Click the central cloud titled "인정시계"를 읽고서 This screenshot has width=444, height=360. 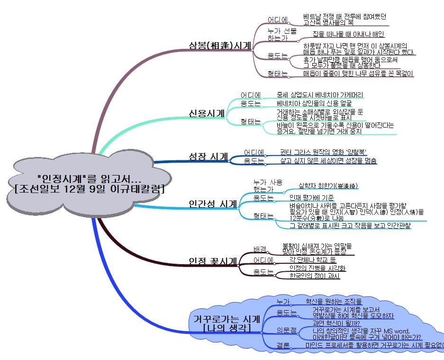tap(89, 184)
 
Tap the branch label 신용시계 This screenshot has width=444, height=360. tap(207, 113)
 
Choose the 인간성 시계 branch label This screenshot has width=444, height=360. tap(213, 204)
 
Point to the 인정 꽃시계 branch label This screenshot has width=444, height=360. tap(213, 261)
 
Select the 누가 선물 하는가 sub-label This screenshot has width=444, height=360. tap(281, 34)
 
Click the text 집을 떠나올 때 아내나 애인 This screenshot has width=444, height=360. tap(348, 34)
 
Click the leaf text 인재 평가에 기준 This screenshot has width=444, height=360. tap(311, 197)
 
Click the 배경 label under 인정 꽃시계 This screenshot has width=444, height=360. tap(260, 249)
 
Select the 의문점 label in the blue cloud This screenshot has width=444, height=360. tap(286, 329)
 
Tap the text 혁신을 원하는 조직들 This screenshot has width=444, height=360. tap(333, 301)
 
